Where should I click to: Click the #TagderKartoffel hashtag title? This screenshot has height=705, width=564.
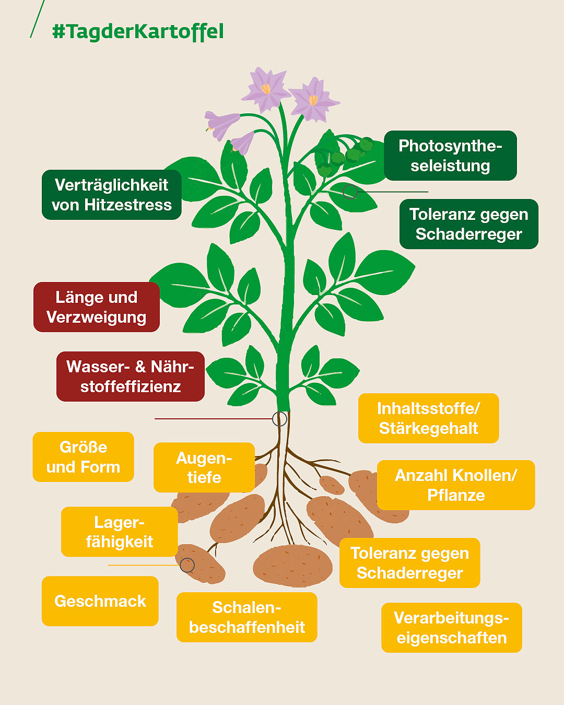(138, 31)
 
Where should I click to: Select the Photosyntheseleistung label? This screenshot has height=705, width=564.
(450, 156)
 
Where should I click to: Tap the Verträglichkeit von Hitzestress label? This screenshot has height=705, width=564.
(112, 195)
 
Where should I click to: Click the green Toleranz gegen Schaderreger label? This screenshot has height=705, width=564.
(468, 224)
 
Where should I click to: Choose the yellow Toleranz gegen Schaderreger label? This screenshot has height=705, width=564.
(409, 563)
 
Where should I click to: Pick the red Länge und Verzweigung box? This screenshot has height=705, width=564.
(97, 307)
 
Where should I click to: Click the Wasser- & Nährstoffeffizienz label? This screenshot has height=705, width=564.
(130, 377)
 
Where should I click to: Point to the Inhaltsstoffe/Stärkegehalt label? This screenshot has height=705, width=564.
(428, 418)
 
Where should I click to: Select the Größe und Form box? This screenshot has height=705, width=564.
(84, 457)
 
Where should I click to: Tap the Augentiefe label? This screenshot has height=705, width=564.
(204, 467)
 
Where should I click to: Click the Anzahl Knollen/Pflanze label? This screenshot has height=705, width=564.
(456, 485)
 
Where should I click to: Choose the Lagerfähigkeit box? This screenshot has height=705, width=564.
(120, 532)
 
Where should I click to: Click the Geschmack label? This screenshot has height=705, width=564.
(100, 601)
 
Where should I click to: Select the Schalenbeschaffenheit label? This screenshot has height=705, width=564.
(247, 617)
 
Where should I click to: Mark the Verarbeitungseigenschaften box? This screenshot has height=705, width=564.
(452, 628)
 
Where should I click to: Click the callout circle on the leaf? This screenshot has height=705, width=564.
(350, 192)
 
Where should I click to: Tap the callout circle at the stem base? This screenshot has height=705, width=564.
(280, 419)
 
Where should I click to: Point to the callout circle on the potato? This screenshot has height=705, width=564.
(187, 565)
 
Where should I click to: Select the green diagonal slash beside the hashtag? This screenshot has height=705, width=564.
(37, 19)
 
